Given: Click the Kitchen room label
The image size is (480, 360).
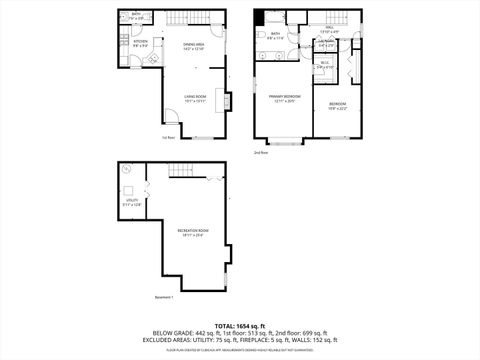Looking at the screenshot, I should pyautogui.click(x=141, y=42).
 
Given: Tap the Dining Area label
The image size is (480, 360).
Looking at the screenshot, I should pyautogui.click(x=194, y=46).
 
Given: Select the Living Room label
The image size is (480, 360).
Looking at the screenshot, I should pyautogui.click(x=194, y=98).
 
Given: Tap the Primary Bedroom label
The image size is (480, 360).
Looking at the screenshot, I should pyautogui.click(x=285, y=97).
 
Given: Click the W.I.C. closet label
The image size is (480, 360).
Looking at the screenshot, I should pyautogui.click(x=325, y=65).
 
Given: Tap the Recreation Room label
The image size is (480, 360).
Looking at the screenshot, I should pyautogui.click(x=192, y=233).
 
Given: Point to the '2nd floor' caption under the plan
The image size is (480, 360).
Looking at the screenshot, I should pyautogui.click(x=261, y=153).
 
